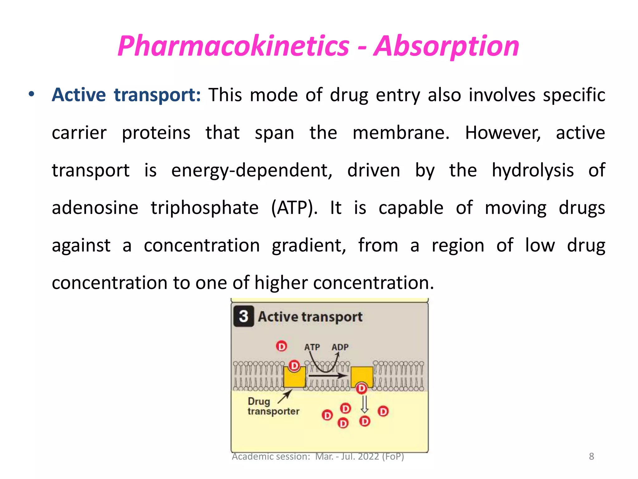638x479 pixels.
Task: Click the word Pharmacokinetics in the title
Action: click(233, 46)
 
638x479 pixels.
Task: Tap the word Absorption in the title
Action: click(446, 46)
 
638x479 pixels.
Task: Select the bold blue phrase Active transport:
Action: click(126, 95)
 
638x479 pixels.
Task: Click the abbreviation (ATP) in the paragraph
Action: click(294, 208)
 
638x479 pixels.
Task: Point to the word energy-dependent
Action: click(252, 171)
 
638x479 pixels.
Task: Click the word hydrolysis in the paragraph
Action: click(533, 171)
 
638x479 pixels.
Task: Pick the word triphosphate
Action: click(205, 208)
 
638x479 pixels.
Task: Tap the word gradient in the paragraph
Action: click(309, 246)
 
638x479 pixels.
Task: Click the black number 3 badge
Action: click(244, 317)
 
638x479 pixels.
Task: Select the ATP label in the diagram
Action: click(312, 347)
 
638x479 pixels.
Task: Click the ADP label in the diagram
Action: click(340, 347)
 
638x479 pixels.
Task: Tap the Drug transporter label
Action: click(273, 406)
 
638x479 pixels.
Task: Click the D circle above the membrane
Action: click(282, 346)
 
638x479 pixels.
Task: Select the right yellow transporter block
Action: click(362, 376)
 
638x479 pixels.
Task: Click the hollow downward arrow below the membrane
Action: click(364, 404)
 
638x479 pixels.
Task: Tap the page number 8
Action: click(591, 457)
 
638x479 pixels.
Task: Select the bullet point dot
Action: click(31, 94)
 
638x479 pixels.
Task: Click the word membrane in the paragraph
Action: click(401, 133)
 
